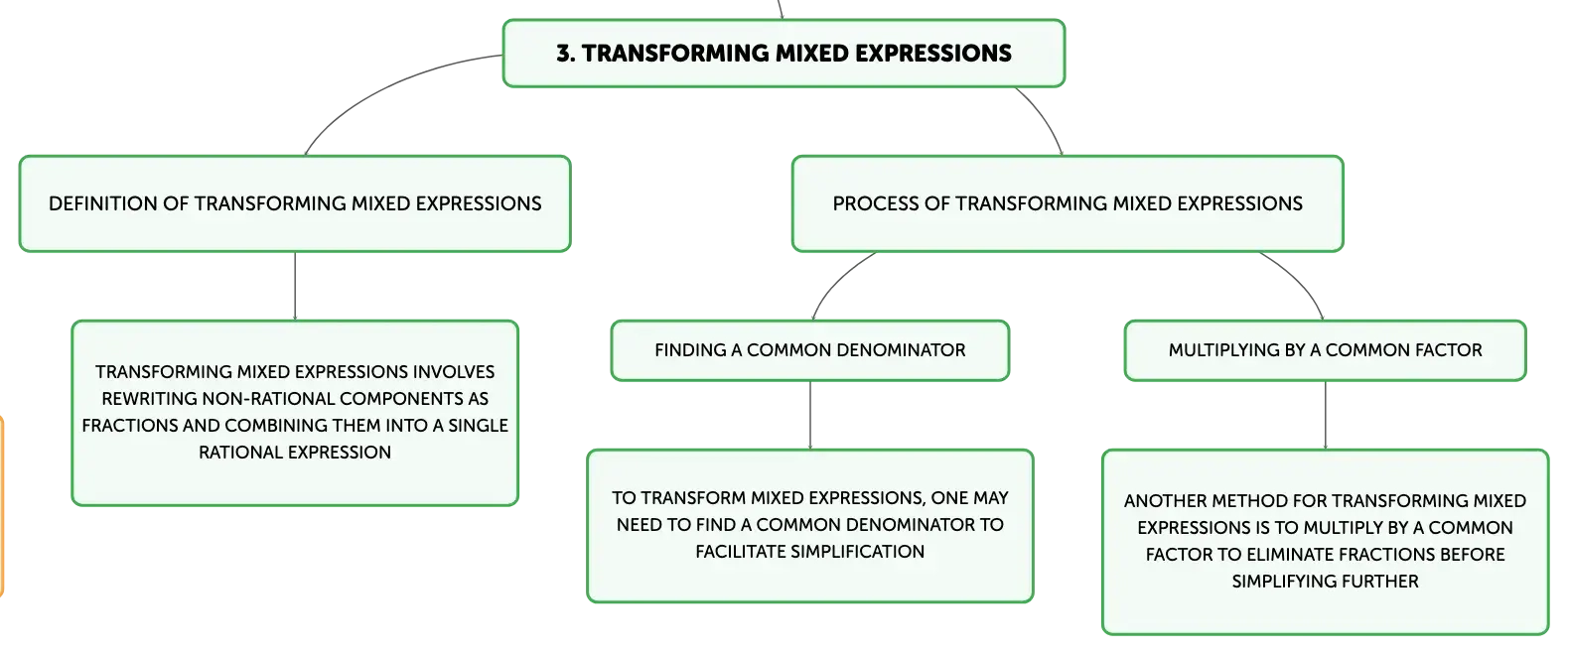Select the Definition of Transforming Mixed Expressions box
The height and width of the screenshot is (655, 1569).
(x=295, y=203)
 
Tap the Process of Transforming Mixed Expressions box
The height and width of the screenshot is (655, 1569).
(x=1068, y=203)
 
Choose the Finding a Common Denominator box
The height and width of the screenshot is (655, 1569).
(x=809, y=350)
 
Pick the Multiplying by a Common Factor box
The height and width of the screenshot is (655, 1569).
(x=1326, y=350)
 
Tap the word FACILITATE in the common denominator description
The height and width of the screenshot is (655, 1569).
(x=740, y=552)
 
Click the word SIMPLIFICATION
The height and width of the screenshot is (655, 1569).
(x=857, y=552)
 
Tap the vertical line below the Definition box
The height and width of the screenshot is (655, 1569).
(x=295, y=286)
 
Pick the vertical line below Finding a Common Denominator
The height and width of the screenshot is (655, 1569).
(x=810, y=415)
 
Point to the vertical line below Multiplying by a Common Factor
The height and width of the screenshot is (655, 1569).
(x=1326, y=415)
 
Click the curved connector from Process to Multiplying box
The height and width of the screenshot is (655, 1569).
(x=1300, y=279)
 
